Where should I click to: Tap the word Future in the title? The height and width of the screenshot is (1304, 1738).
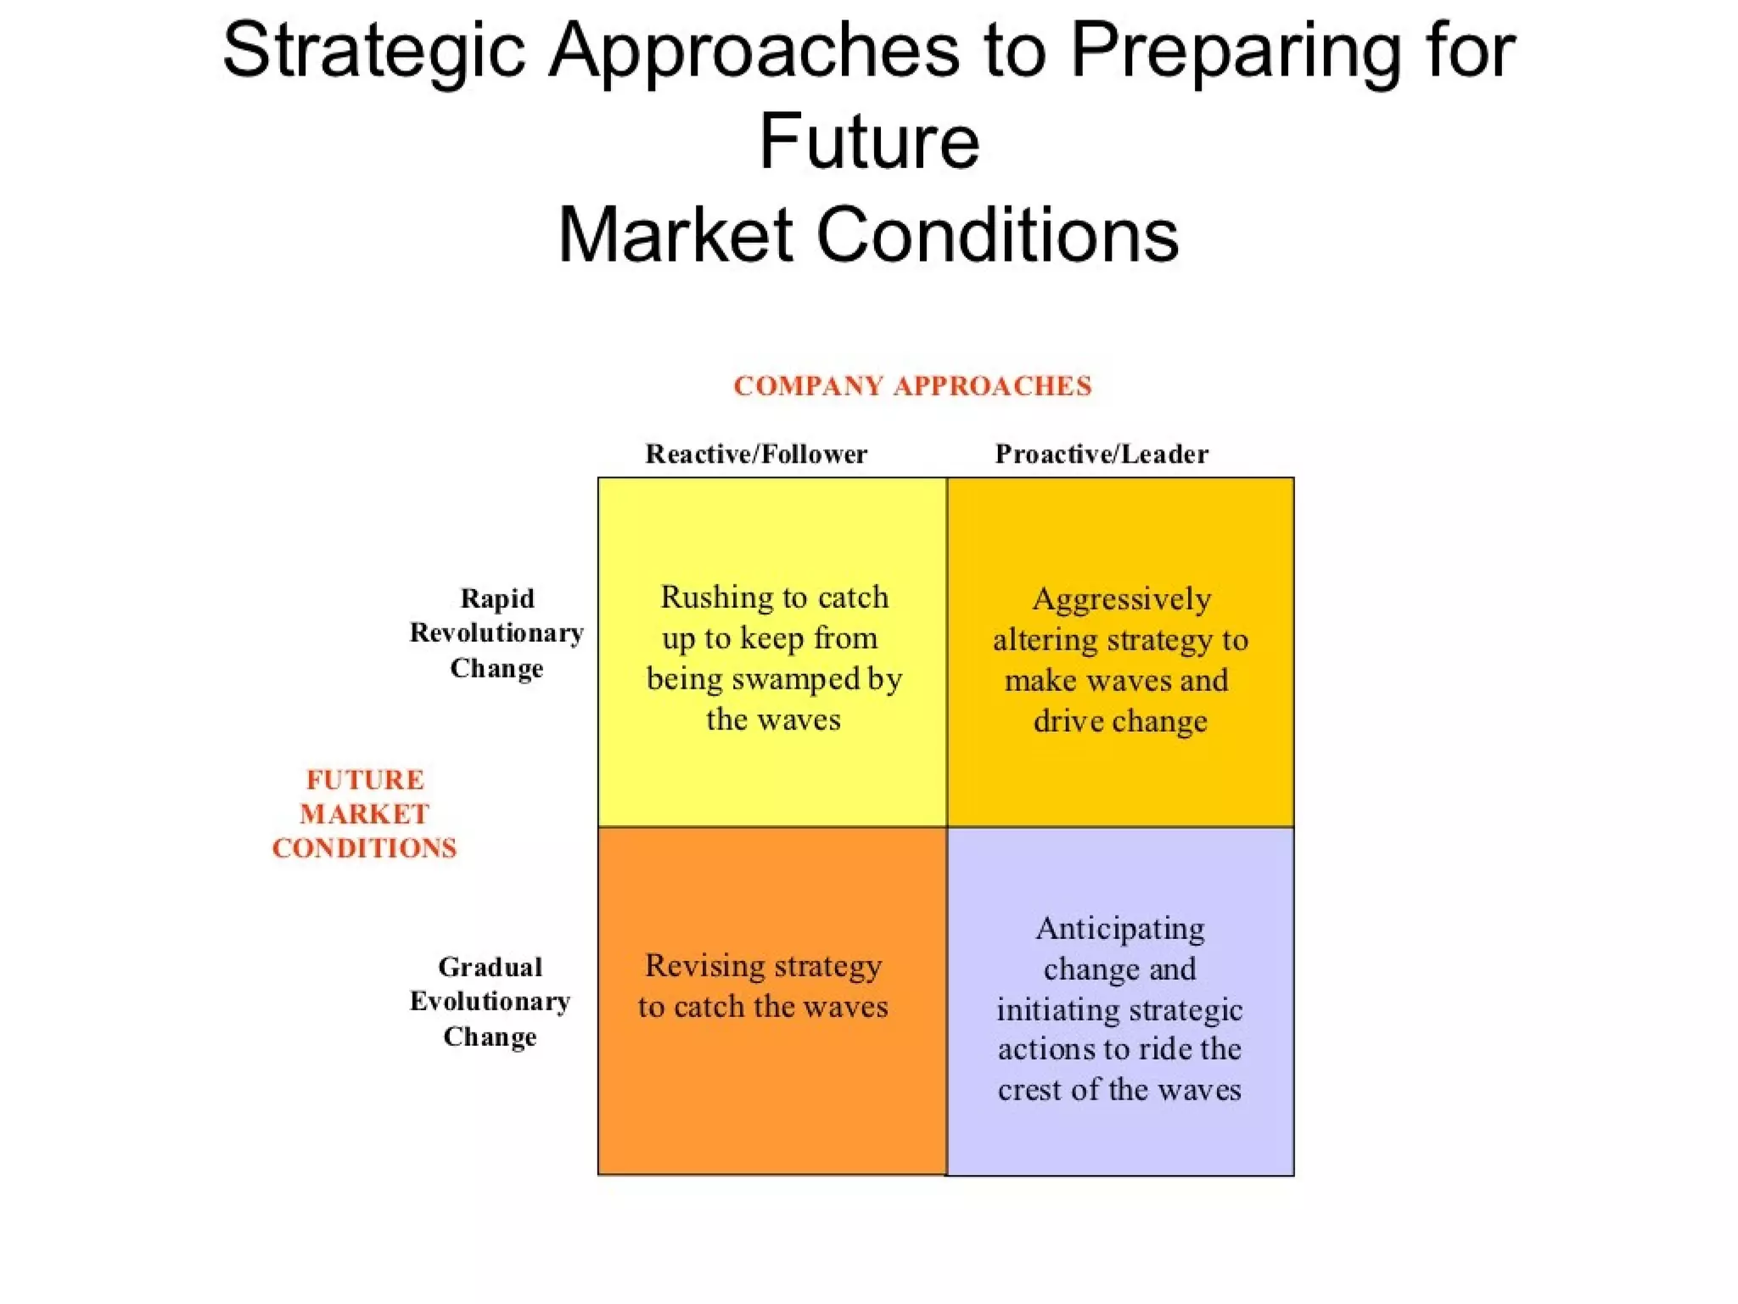869,142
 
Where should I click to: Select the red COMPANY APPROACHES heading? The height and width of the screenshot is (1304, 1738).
912,386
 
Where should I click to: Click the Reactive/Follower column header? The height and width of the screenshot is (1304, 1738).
756,454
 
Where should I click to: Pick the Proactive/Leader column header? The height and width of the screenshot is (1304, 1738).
1102,454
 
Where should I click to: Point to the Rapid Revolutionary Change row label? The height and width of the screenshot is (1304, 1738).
496,633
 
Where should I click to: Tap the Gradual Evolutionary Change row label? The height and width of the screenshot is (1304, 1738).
491,1002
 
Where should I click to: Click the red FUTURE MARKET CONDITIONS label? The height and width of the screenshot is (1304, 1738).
365,814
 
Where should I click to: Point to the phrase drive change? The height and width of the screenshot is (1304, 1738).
1120,722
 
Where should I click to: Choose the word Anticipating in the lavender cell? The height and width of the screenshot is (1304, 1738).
1119,929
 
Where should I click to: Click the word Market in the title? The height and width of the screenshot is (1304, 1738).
675,235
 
